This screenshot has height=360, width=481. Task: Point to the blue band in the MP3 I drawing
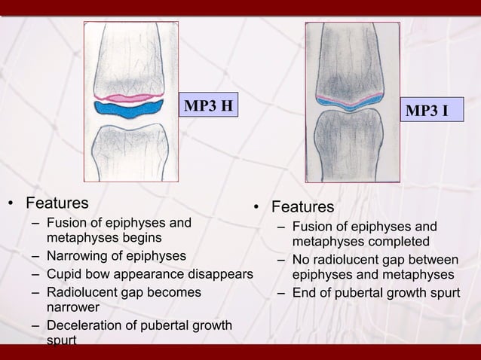pos(351,104)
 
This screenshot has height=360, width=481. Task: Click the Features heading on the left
pos(57,203)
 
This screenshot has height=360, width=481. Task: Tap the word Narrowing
pos(76,256)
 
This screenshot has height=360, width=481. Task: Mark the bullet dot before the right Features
pos(257,208)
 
